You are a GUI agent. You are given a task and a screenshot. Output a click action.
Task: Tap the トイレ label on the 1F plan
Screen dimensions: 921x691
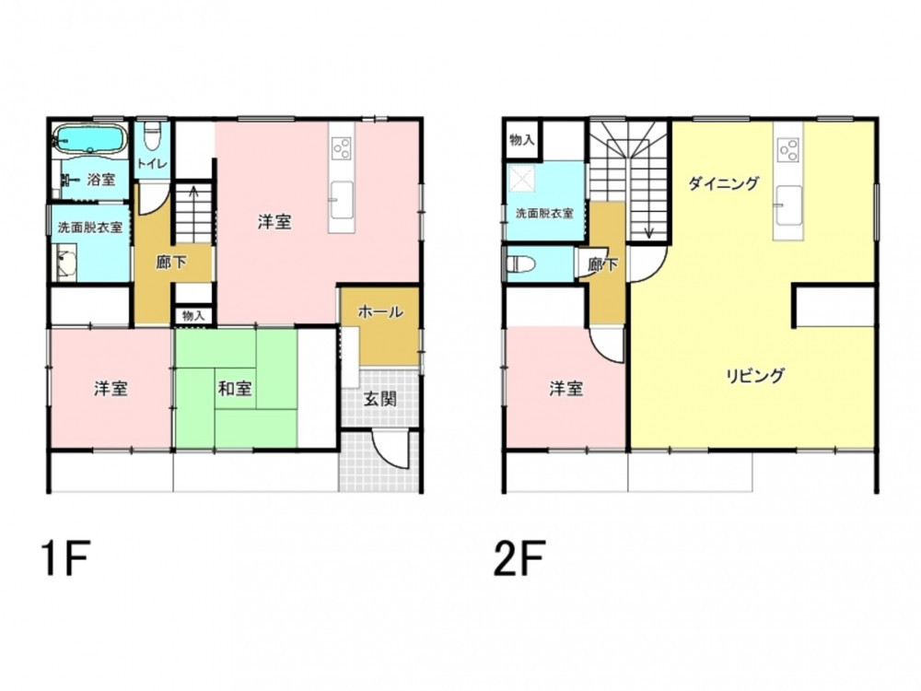pos(152,163)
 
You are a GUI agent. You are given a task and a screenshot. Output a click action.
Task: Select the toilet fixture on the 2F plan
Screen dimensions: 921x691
pos(521,264)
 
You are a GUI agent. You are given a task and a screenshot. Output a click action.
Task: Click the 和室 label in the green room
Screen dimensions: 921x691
pos(235,389)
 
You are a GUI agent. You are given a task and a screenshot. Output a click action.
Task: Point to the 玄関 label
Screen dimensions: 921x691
pos(380,400)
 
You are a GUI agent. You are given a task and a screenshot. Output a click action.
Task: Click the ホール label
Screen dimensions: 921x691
pos(380,312)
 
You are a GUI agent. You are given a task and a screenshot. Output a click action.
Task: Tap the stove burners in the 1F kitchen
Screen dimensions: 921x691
pos(342,147)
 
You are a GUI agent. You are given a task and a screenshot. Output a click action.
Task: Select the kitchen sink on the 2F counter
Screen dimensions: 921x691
pos(788,205)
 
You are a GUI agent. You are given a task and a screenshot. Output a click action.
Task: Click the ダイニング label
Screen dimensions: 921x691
pos(724,184)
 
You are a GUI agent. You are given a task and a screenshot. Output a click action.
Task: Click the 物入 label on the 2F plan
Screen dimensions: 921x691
pos(521,140)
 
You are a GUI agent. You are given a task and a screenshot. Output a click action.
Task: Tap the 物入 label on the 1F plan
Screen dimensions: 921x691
pos(193,315)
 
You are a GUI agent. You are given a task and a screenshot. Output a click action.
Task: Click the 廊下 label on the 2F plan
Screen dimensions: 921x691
pos(603,265)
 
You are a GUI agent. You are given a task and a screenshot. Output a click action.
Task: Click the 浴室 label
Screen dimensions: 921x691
pos(101,180)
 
